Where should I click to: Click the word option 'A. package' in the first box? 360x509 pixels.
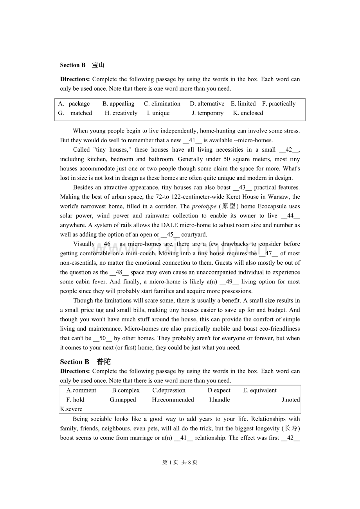click(x=74, y=104)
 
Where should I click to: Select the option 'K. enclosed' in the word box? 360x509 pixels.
click(x=248, y=113)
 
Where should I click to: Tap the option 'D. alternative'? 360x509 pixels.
click(x=207, y=104)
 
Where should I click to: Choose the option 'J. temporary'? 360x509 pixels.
click(x=207, y=113)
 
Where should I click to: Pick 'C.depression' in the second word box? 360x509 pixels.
click(x=169, y=390)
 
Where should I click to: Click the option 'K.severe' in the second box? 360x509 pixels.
click(x=71, y=409)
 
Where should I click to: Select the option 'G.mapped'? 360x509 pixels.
click(x=123, y=400)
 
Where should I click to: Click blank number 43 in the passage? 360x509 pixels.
click(x=242, y=188)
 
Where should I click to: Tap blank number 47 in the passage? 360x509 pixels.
click(x=268, y=253)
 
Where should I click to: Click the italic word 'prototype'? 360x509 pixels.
click(x=204, y=206)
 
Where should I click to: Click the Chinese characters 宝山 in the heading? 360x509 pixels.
click(x=98, y=65)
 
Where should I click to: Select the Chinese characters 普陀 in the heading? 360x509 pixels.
click(x=104, y=362)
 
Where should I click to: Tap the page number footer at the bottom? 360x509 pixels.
click(x=180, y=462)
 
